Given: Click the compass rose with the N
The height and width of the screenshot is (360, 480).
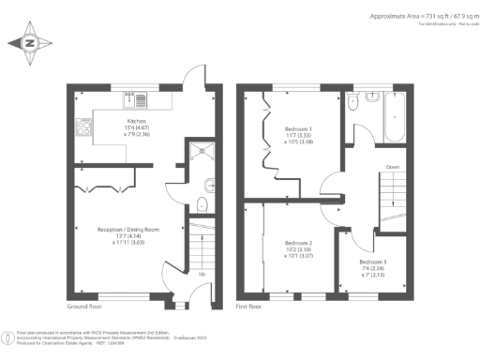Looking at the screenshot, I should point(29,42).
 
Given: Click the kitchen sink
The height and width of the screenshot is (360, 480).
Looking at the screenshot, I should point(138,98).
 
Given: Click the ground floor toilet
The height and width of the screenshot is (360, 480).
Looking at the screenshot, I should point(202,205).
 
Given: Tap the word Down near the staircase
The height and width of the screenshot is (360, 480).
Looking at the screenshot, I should point(393,169).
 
